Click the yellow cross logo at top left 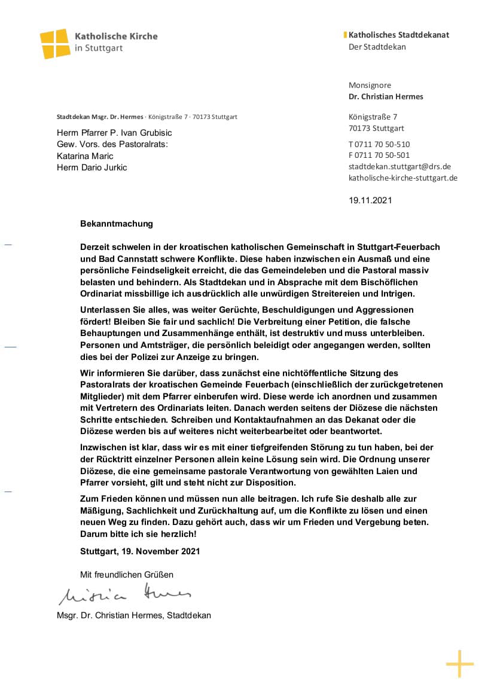point(54,43)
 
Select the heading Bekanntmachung point(117,224)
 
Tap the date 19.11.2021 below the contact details point(370,200)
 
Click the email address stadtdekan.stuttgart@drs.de point(400,167)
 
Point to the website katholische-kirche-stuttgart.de point(403,178)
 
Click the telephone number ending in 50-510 point(379,144)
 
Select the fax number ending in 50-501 point(379,155)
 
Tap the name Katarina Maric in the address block point(84,156)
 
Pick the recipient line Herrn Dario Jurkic point(92,167)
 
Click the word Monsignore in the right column point(370,86)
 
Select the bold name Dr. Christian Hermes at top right point(386,97)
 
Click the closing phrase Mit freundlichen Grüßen point(127,575)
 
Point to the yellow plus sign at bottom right point(459,664)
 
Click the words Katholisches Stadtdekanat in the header point(399,35)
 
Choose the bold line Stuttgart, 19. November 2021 point(140,551)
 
